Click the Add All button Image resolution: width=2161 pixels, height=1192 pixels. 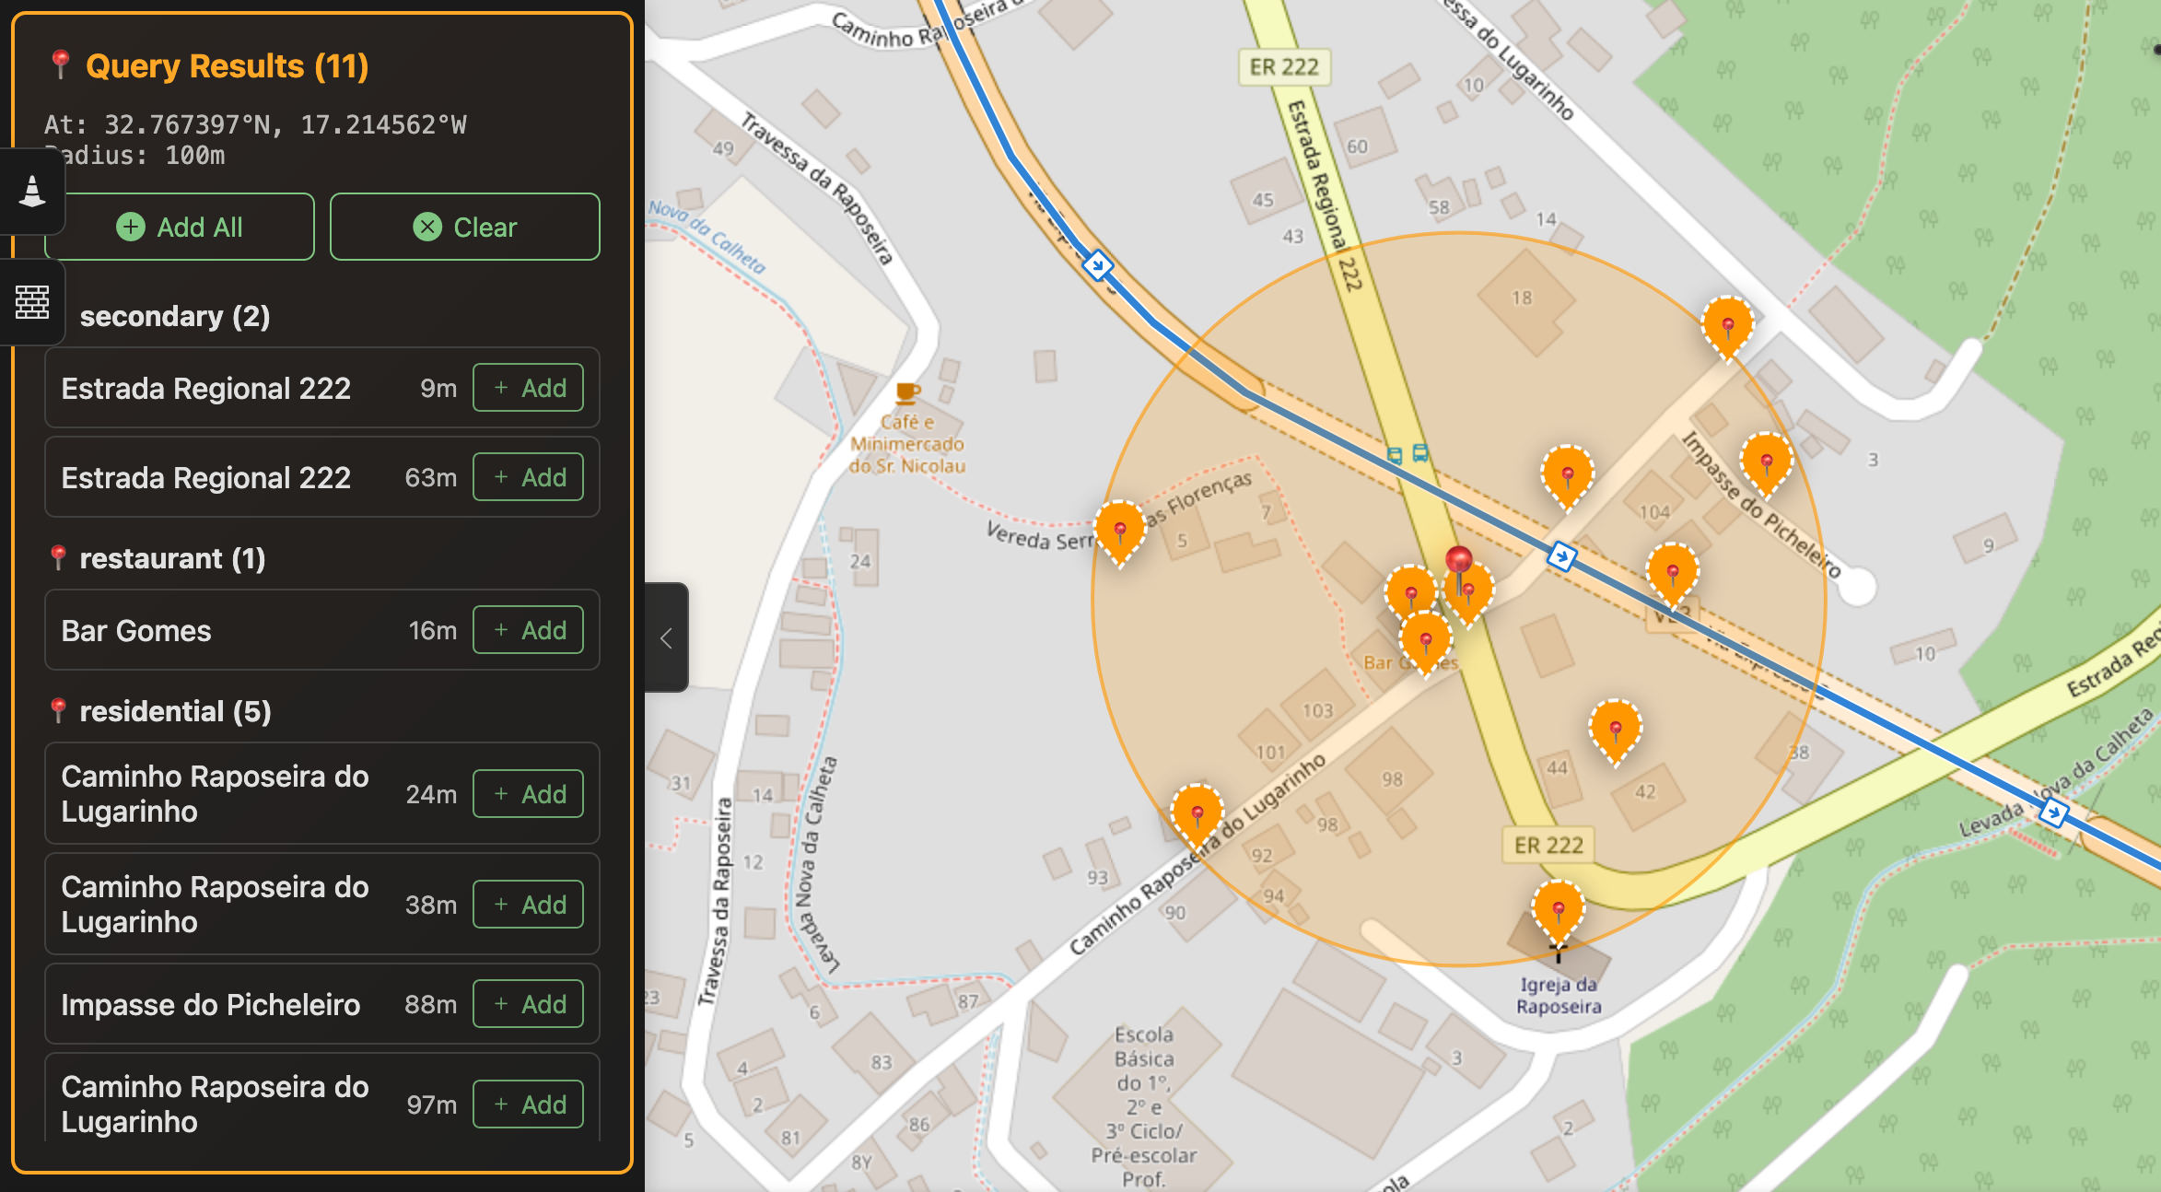coord(180,228)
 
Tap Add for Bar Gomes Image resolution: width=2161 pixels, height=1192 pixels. coord(528,630)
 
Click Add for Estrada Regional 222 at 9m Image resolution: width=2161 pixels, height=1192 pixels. coord(528,388)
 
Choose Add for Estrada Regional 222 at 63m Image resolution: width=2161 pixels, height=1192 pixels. coord(528,477)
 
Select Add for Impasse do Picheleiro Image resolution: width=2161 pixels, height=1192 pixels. coord(528,1004)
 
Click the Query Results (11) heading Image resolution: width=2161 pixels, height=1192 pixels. coord(227,66)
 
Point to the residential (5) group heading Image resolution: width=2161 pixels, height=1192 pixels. coord(175,711)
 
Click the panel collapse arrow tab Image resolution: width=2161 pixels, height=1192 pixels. coord(666,637)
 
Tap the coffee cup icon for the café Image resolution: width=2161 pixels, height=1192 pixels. coord(907,393)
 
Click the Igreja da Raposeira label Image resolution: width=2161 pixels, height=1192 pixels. coord(1559,996)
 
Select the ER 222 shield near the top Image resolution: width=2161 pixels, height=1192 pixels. coord(1284,67)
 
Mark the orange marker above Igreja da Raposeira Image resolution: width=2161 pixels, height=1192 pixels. coord(1558,910)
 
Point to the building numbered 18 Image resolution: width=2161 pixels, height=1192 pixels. coord(1523,298)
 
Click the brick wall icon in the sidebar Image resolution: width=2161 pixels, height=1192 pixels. coord(32,302)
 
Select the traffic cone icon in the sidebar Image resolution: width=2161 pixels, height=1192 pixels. coord(32,192)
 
